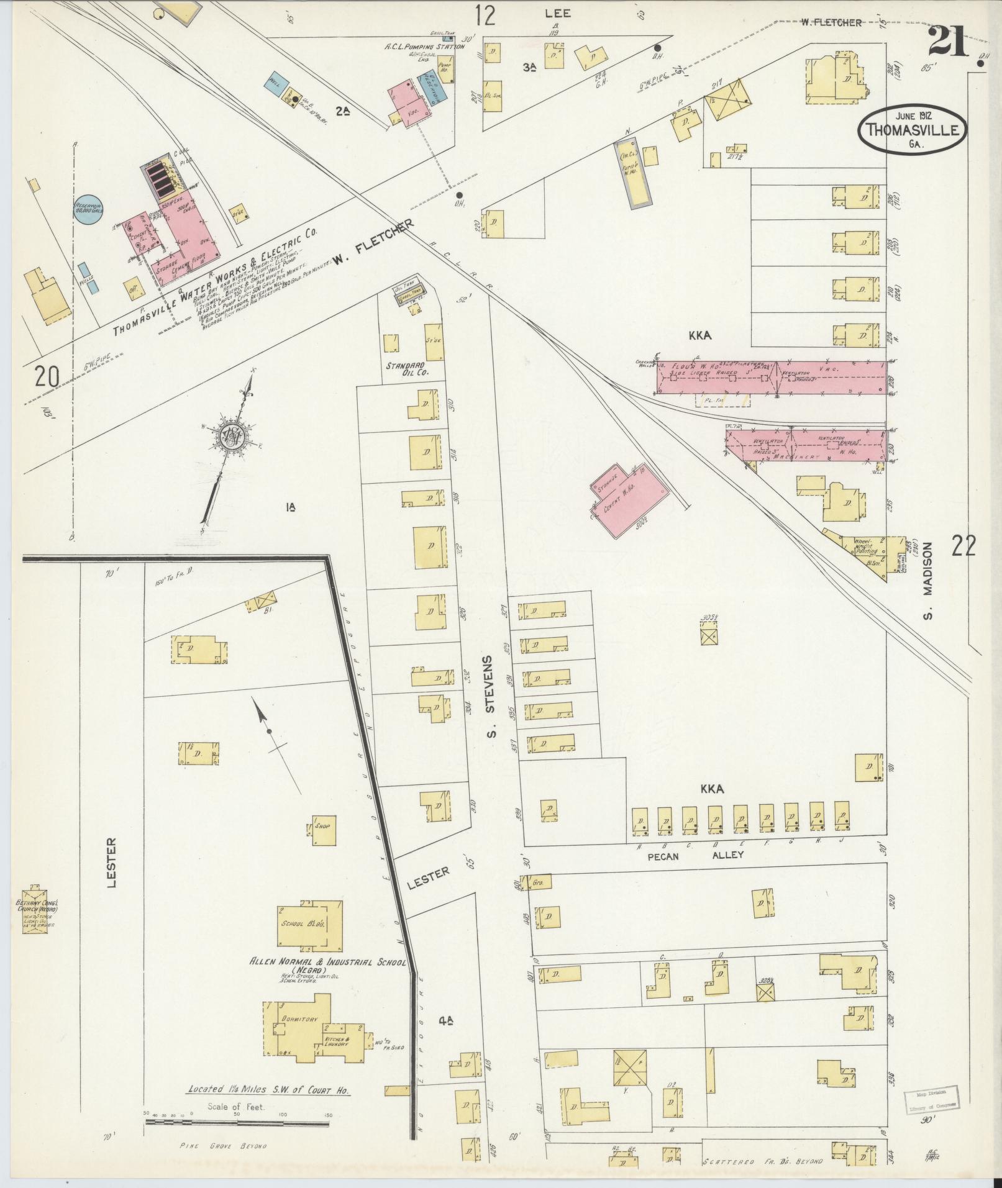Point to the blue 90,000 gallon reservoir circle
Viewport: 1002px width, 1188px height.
pyautogui.click(x=89, y=207)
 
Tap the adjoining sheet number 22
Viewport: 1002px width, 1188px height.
pyautogui.click(x=963, y=546)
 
